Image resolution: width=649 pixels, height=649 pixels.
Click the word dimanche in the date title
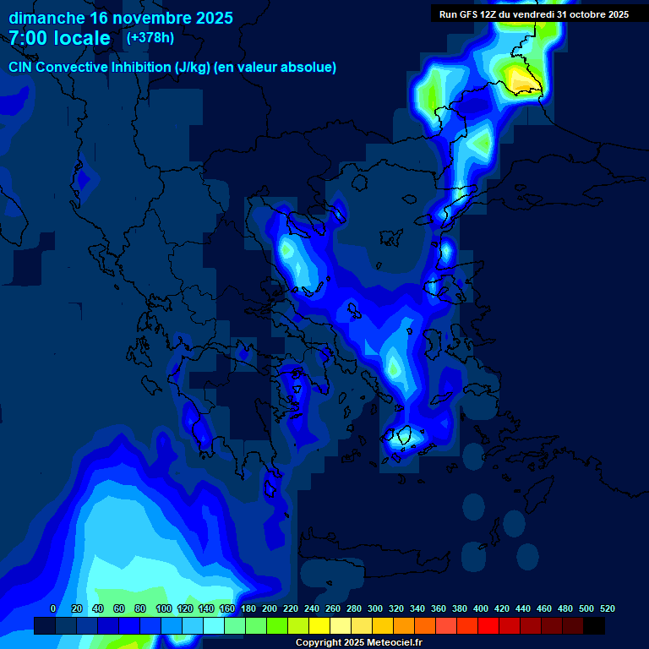[46, 18]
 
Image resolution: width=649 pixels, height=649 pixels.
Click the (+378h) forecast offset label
[150, 37]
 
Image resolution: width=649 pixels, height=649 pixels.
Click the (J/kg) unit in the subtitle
[191, 68]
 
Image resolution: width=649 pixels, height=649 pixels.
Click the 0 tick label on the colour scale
[53, 608]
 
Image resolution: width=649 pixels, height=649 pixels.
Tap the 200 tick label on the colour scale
[270, 608]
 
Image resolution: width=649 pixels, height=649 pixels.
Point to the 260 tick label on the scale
[333, 608]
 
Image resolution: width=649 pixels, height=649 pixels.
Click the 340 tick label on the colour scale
[417, 608]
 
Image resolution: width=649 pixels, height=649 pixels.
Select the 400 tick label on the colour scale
[481, 608]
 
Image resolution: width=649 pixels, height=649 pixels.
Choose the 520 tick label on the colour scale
[607, 608]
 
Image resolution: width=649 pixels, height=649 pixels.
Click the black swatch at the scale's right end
[594, 626]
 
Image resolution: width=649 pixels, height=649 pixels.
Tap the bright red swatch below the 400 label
[488, 626]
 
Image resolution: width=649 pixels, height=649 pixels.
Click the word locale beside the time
[83, 38]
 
